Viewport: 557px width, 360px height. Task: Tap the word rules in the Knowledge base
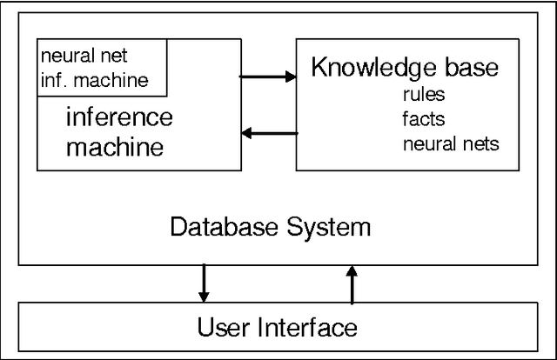[x=423, y=95]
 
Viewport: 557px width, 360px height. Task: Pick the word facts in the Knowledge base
[x=422, y=119]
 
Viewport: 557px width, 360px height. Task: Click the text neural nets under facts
[x=451, y=143]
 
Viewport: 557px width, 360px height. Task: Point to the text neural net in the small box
[x=84, y=57]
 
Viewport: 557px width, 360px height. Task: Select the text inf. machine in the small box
[x=94, y=81]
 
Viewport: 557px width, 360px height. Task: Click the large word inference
[x=119, y=117]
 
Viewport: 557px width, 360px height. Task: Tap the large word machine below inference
[x=115, y=146]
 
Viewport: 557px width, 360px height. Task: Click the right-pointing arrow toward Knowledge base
[x=267, y=77]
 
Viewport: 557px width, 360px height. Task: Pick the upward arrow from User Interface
[x=352, y=284]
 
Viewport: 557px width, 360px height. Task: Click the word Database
[x=218, y=228]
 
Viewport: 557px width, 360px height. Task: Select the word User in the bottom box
[x=225, y=328]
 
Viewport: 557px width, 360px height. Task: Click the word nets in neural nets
[x=480, y=143]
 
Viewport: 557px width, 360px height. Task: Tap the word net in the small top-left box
[x=113, y=57]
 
